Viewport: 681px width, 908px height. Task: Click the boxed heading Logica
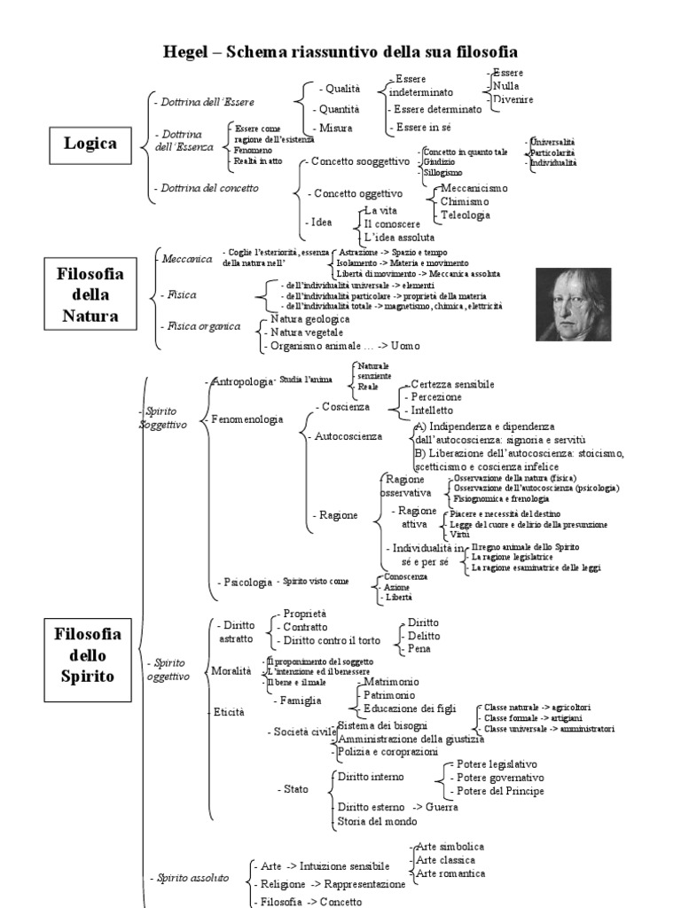coord(90,142)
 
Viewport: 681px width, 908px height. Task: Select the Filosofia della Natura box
coord(90,294)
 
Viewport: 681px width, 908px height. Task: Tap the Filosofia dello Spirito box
coord(88,655)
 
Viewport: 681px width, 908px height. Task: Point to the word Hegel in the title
coord(190,51)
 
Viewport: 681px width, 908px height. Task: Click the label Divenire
coord(513,99)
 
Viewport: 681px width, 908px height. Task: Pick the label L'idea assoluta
coord(400,237)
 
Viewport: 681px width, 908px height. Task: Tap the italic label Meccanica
coord(187,259)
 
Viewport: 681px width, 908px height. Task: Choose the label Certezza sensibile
coord(452,384)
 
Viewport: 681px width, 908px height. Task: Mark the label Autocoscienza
coord(348,436)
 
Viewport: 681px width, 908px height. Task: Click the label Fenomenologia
coord(248,419)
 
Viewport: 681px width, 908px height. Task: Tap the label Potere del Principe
coord(500,791)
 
